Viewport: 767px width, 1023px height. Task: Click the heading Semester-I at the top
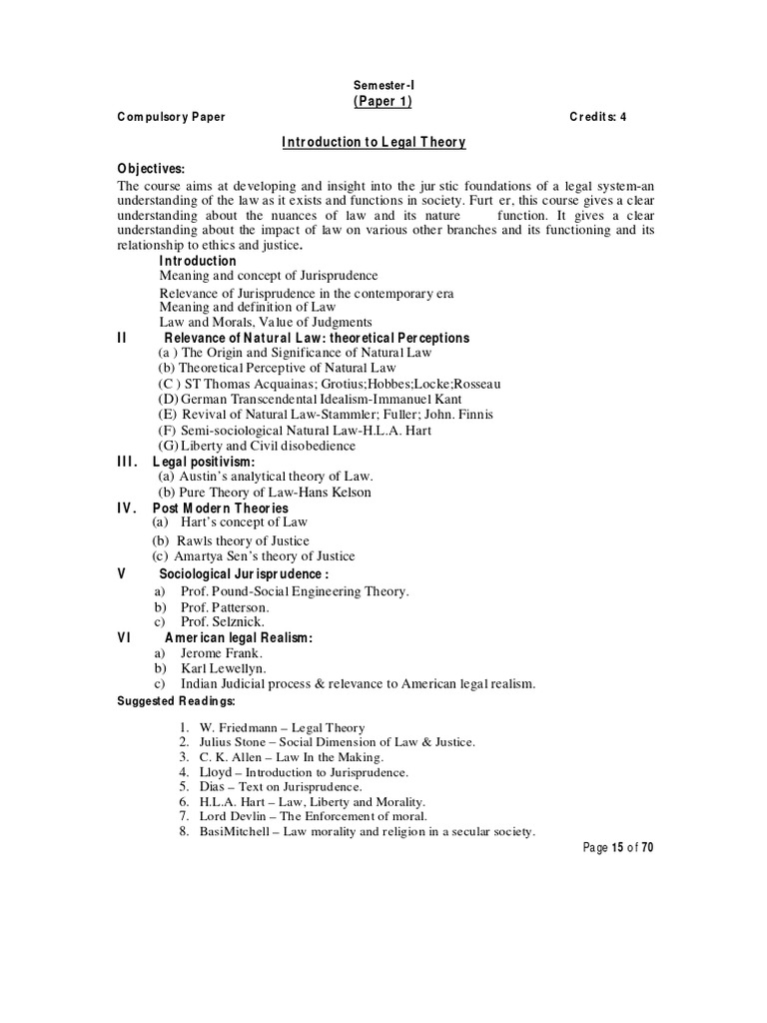point(383,86)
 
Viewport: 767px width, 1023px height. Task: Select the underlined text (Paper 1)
point(383,101)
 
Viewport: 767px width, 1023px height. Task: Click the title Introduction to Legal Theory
point(374,142)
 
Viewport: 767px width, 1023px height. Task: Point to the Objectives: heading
point(151,169)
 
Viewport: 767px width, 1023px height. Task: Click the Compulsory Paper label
point(171,117)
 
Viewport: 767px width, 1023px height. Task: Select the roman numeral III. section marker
point(129,462)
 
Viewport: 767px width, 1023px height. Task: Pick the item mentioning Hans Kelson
point(265,492)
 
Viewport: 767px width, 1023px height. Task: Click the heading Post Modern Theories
point(220,508)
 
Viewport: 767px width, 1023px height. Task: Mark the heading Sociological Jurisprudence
point(244,574)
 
